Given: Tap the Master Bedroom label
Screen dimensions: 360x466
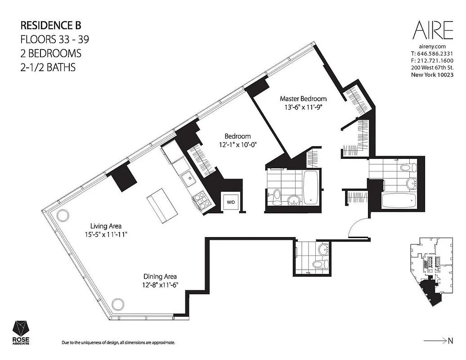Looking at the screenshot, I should coord(303,99).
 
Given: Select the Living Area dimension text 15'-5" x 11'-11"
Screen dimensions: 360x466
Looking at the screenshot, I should coord(106,234).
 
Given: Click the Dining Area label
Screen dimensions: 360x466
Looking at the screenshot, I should coord(160,276).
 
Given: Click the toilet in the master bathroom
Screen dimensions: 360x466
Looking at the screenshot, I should coord(408,168).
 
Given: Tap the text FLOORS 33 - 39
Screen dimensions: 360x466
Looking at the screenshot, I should coord(55,39).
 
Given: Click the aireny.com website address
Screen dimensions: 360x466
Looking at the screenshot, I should coord(432,46).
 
